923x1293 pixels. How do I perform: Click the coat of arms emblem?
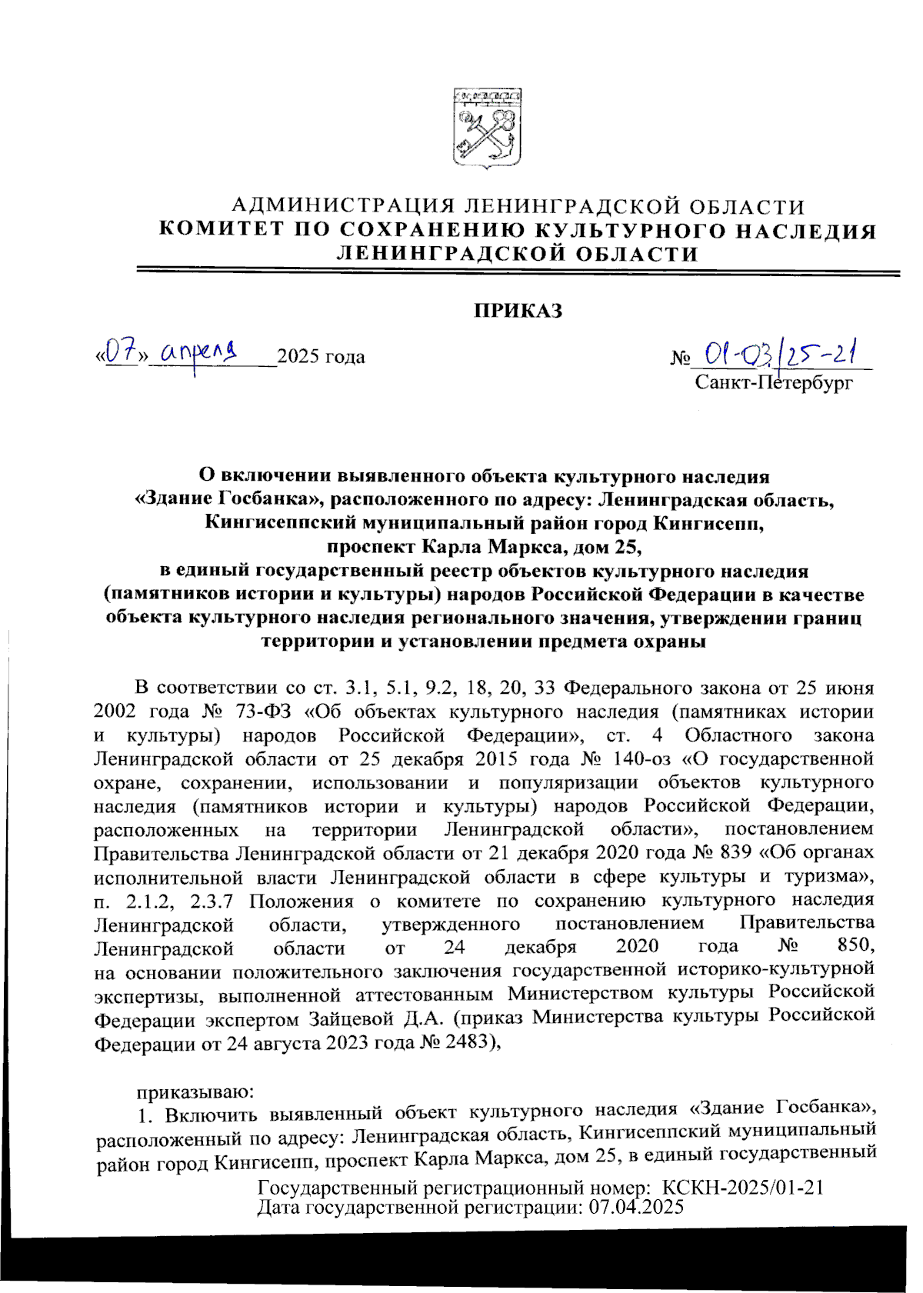(x=486, y=127)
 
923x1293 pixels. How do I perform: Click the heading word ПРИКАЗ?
(x=517, y=312)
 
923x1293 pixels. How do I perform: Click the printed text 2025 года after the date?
(x=321, y=358)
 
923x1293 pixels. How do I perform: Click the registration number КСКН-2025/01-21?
(x=743, y=1188)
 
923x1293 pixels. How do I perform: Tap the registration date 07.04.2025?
(x=635, y=1207)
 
